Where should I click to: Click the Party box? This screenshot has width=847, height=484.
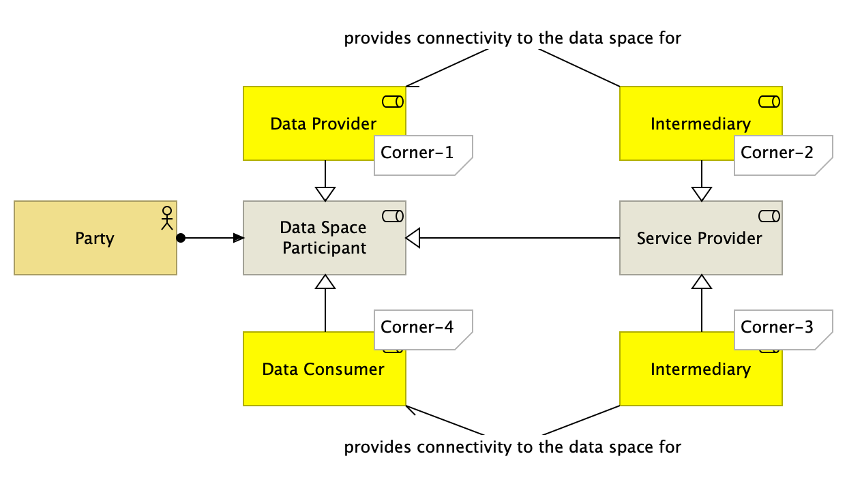point(95,238)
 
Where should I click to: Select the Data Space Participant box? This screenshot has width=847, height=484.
point(324,238)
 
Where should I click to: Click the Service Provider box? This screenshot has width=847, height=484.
point(700,238)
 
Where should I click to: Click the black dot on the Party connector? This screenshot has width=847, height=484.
point(181,238)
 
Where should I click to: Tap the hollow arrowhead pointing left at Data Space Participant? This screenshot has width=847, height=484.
point(414,238)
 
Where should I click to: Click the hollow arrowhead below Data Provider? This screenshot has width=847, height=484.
point(325,194)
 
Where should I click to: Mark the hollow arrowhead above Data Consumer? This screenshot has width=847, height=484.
point(325,282)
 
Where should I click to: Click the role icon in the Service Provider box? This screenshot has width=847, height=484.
point(769,216)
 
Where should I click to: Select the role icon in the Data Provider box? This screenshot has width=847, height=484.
point(392,102)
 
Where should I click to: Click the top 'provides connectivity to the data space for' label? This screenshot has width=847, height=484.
point(512,38)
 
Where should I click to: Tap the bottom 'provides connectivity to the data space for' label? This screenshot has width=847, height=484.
point(512,447)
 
